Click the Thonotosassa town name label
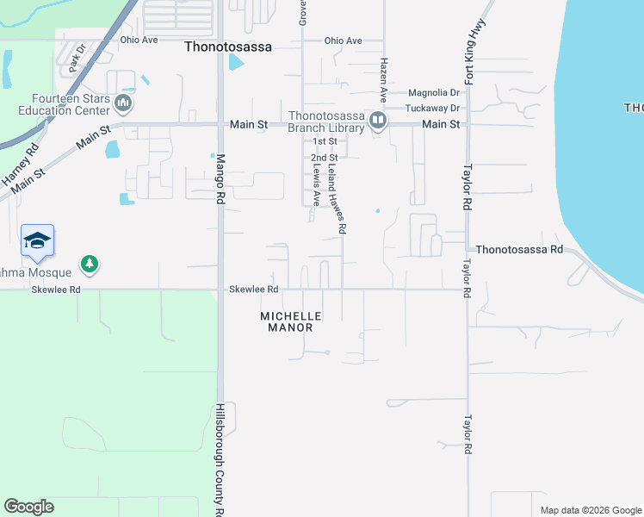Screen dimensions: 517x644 click(228, 47)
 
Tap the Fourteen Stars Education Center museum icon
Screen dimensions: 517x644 click(122, 105)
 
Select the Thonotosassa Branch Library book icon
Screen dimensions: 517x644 click(377, 123)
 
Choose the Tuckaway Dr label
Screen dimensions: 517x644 click(434, 108)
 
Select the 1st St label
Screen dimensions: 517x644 click(325, 140)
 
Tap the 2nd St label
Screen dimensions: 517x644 click(323, 158)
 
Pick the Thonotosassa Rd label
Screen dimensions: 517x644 click(518, 248)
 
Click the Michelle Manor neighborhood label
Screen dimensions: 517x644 click(291, 321)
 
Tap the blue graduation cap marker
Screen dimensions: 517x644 click(37, 240)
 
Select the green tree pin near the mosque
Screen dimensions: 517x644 click(88, 263)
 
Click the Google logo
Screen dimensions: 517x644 click(28, 507)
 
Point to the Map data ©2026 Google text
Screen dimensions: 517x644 click(590, 510)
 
